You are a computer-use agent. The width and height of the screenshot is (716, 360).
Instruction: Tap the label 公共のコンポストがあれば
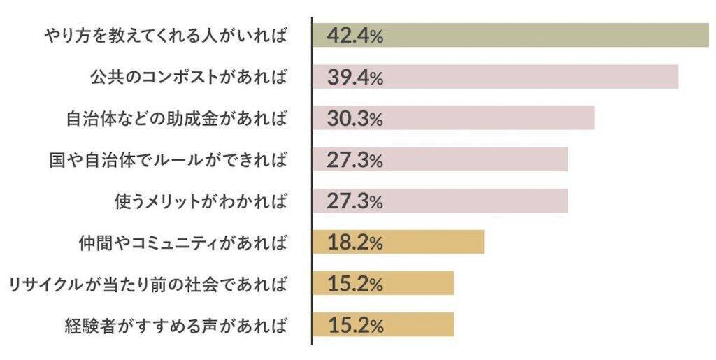point(188,76)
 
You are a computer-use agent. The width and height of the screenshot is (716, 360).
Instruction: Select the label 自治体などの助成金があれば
point(176,118)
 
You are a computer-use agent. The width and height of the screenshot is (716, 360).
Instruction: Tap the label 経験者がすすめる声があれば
point(176,325)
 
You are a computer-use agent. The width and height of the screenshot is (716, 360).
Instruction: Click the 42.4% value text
point(355,35)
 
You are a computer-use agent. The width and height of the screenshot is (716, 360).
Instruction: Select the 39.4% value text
point(355,77)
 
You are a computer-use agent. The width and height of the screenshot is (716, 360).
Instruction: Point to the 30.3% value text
point(355,118)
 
